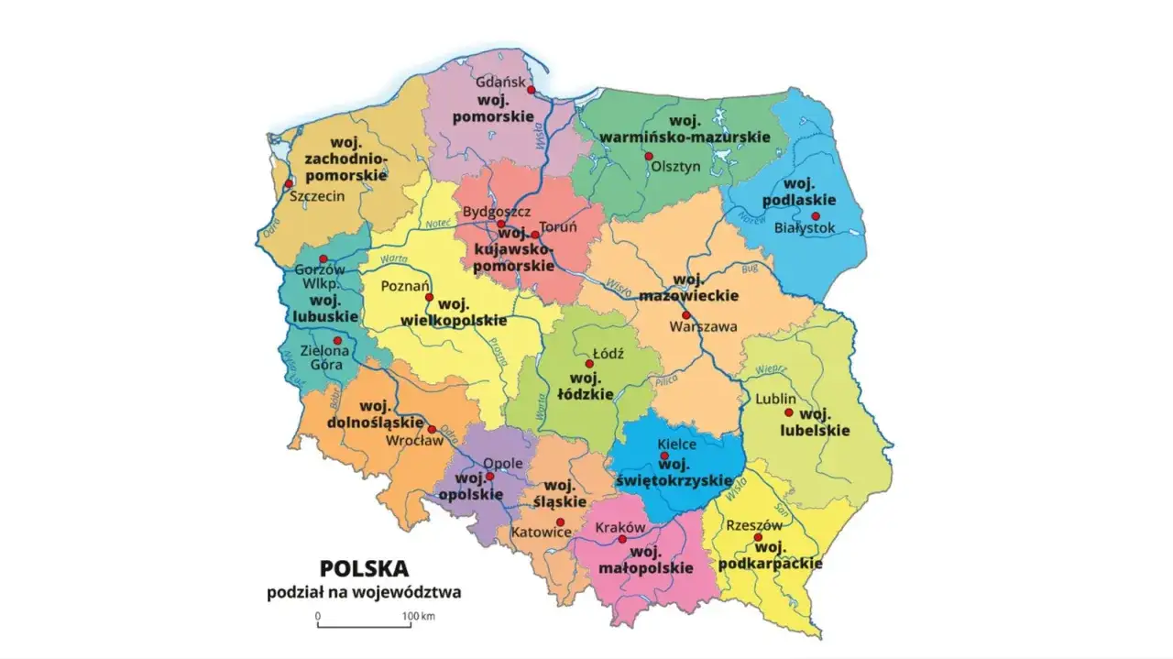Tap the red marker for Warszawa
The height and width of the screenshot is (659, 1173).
685,314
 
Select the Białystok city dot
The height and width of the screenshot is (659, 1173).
815,216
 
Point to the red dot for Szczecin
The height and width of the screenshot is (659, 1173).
290,183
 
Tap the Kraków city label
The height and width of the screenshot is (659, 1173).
620,528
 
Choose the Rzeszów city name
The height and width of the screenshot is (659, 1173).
753,525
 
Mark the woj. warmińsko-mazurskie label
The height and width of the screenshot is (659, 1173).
685,129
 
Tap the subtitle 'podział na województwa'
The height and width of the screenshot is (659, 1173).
364,592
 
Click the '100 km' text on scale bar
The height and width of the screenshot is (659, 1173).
419,616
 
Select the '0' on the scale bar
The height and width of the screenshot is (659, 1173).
318,616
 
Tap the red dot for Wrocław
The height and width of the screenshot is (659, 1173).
432,428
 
